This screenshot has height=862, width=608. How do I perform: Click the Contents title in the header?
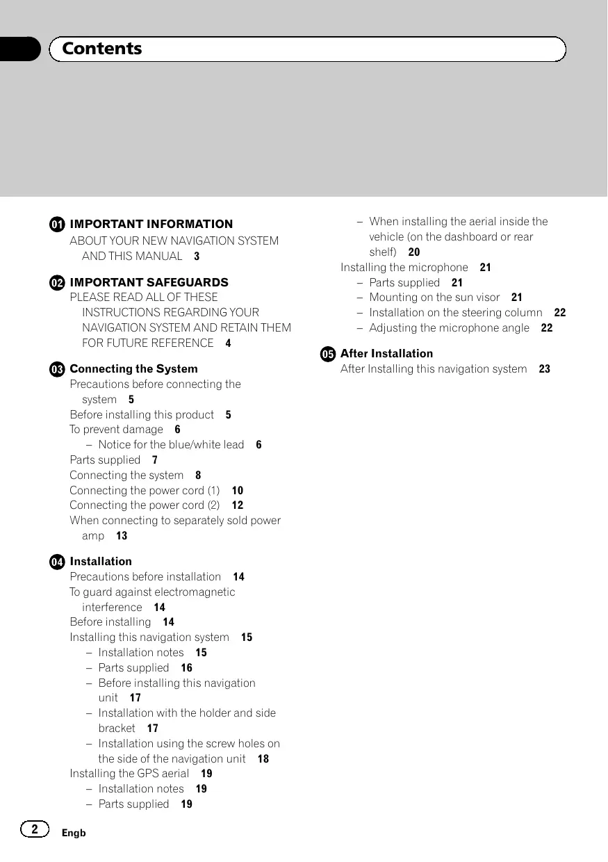[101, 49]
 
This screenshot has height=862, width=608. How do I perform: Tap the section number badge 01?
[58, 225]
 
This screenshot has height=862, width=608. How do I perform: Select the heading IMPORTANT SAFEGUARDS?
[149, 282]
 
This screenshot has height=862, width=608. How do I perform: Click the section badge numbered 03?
[58, 369]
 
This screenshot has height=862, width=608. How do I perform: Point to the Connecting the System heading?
[133, 369]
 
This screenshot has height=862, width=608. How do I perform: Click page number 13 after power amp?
[122, 536]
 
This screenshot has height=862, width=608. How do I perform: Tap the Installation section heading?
[101, 562]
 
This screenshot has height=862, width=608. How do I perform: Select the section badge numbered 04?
[58, 562]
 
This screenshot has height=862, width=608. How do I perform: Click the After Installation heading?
[386, 354]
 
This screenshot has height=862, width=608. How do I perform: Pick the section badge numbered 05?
[328, 354]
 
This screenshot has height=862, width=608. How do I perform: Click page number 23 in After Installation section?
[544, 369]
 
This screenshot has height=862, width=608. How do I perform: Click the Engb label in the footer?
[73, 833]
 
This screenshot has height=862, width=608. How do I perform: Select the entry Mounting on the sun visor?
[434, 298]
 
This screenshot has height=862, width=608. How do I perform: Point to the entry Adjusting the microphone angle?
[449, 328]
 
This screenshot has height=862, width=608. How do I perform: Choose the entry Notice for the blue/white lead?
[171, 445]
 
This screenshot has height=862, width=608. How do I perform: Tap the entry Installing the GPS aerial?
[129, 774]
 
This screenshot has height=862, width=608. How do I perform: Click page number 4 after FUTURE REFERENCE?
[228, 343]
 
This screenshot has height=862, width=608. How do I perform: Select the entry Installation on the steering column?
[455, 313]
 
